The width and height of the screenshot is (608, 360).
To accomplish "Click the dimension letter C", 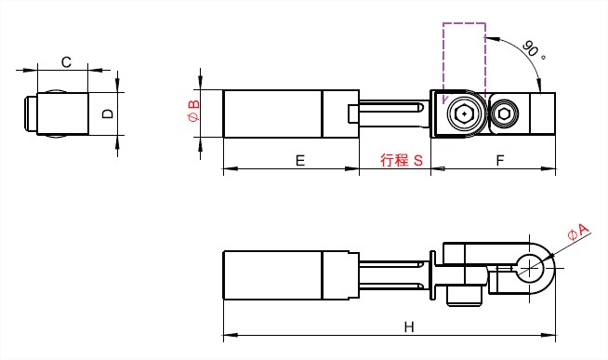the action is coord(66,62).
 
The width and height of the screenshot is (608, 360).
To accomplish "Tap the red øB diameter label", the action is coord(193,111).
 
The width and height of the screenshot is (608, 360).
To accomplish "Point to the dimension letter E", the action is coord(300,160).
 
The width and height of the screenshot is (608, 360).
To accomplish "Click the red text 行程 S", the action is coord(401,160).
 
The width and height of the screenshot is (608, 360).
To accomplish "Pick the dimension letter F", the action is coord(500,160).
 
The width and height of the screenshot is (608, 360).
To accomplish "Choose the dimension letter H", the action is coord(409,327).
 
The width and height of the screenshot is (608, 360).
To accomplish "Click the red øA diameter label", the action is coord(577,233).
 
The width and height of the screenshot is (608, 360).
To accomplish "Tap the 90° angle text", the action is coord(534,50).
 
